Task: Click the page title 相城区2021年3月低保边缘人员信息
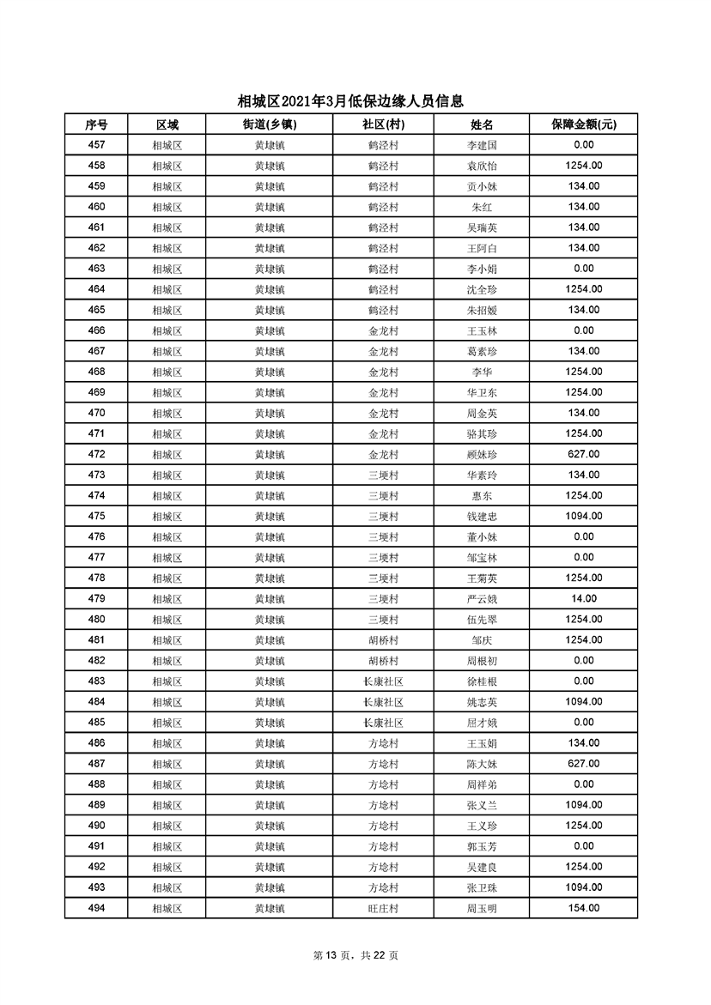355,101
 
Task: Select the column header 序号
96,124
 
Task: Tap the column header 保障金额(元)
584,124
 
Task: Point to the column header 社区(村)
383,124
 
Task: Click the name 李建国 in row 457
482,146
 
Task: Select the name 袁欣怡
482,166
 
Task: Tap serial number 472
96,455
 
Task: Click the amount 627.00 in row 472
584,455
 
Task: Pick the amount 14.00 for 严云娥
584,599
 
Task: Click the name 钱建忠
482,517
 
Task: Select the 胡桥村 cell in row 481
383,640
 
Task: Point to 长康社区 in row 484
383,702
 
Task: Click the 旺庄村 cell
383,909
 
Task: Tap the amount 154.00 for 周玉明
584,909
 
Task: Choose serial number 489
96,805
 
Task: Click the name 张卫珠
482,888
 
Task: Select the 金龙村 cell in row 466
383,331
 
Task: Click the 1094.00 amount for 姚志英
584,702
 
